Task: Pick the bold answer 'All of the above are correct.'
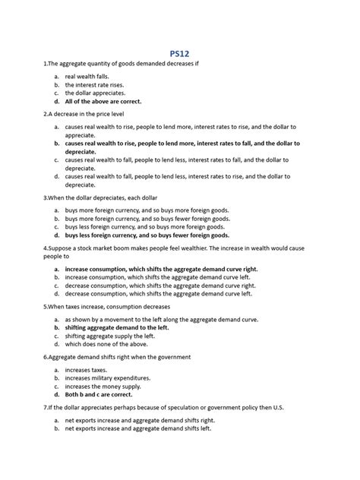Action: pyautogui.click(x=114, y=101)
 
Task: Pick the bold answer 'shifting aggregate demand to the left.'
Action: pyautogui.click(x=127, y=328)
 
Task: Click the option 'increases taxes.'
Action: pyautogui.click(x=90, y=370)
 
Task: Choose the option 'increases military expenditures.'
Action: pyautogui.click(x=114, y=378)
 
